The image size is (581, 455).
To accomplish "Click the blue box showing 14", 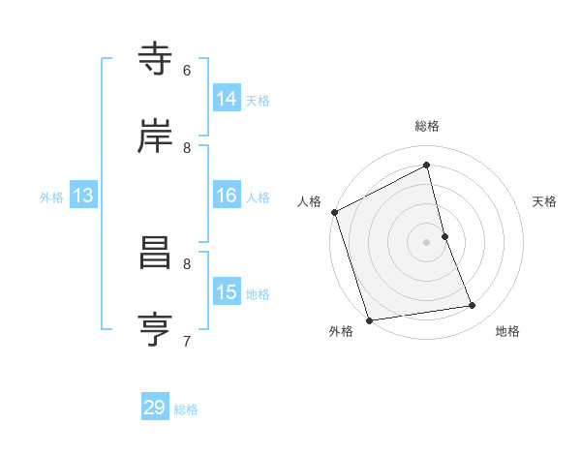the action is click(x=227, y=99).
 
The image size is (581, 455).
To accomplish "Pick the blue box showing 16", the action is click(x=227, y=196).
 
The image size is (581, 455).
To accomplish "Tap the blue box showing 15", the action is click(x=227, y=292).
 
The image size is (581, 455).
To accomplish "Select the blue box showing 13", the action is click(x=83, y=196).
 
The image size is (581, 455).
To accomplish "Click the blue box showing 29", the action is click(x=155, y=408).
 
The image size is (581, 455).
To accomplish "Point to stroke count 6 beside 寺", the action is click(x=187, y=71).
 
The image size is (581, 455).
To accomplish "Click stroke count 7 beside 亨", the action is click(x=187, y=341).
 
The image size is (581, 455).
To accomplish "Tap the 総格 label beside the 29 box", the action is click(x=187, y=409).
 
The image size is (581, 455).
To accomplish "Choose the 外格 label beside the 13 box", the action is click(x=51, y=197).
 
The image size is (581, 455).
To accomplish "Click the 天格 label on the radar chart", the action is click(x=545, y=201).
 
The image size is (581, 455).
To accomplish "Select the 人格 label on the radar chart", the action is click(x=309, y=201).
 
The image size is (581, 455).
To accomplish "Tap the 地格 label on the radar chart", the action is click(x=507, y=331).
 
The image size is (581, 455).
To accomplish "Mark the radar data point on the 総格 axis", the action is click(x=427, y=165).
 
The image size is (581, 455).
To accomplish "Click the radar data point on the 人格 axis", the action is click(x=335, y=212).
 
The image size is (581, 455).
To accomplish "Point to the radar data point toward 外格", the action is click(x=369, y=319).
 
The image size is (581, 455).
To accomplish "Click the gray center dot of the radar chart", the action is click(x=427, y=242).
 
